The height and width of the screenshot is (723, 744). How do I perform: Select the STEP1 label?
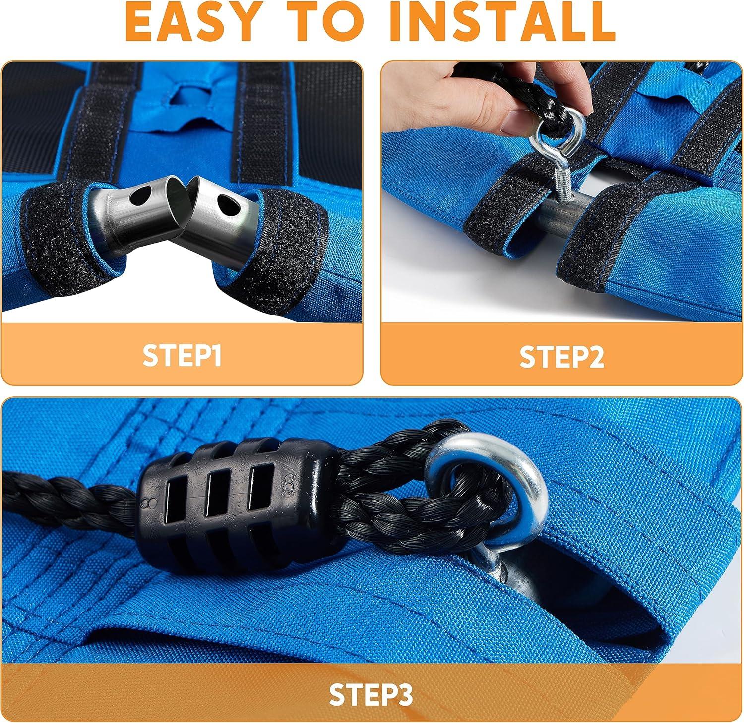tap(182, 355)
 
